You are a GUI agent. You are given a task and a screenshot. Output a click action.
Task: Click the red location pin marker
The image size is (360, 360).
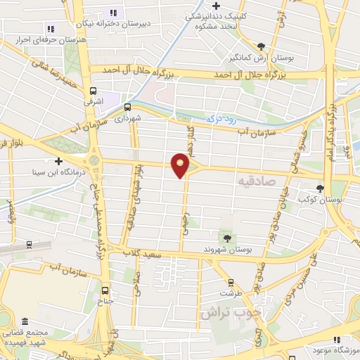click(181, 165)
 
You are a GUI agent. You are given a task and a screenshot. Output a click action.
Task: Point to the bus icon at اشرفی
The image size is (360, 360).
click(94, 91)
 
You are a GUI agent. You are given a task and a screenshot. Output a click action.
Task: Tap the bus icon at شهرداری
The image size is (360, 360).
click(127, 108)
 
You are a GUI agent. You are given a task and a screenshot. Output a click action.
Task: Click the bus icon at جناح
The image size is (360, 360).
click(105, 290)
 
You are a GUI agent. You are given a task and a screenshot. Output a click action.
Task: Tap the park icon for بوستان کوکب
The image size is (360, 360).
click(321, 188)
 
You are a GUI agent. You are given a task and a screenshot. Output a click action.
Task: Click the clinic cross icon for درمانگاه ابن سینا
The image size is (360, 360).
click(59, 161)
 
